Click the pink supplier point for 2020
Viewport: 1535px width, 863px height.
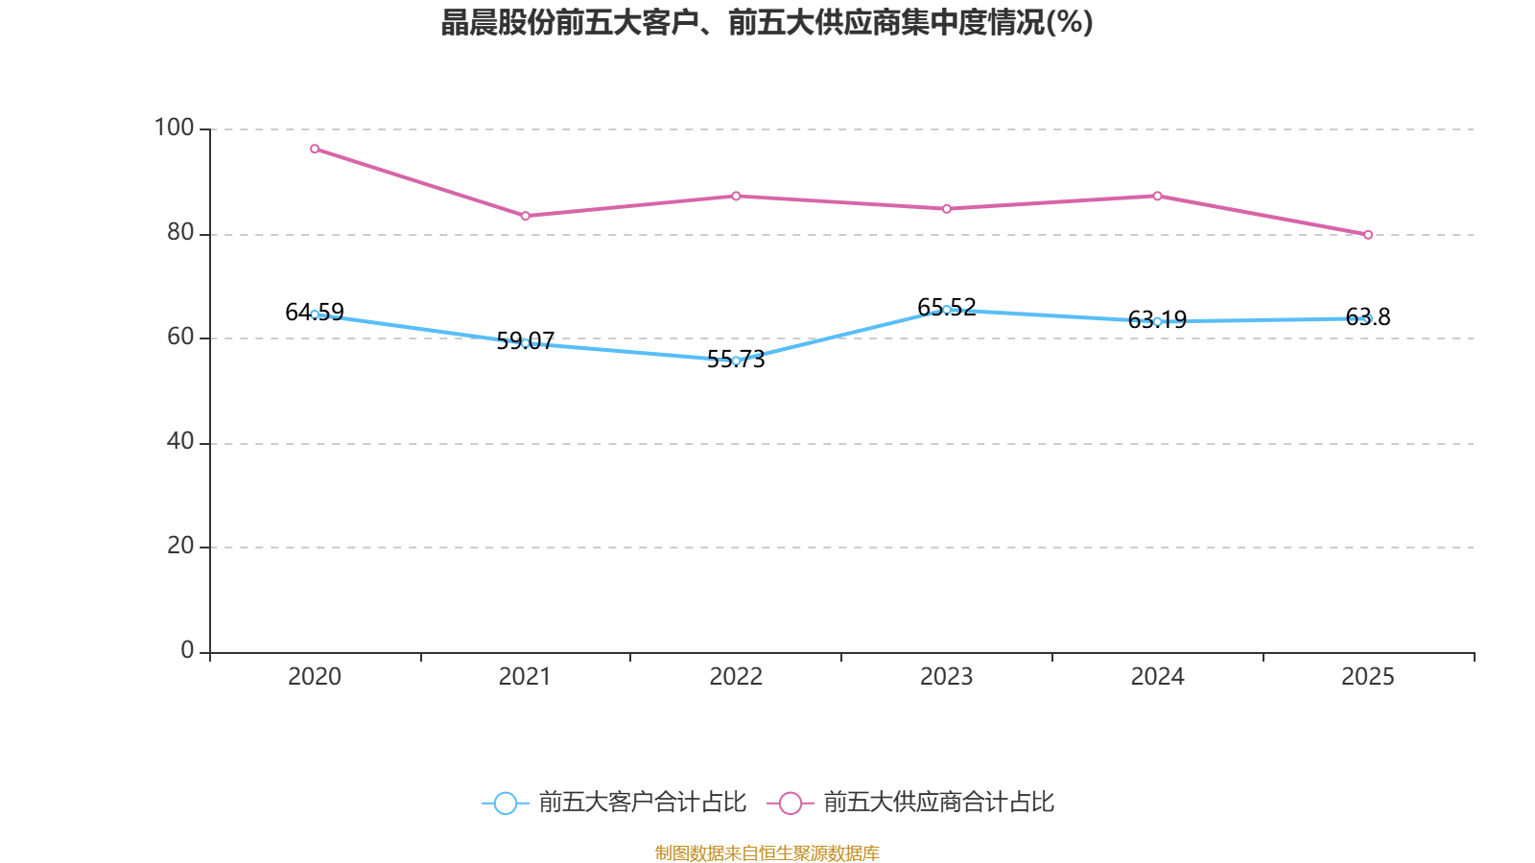[x=315, y=149]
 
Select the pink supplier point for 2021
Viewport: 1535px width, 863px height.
[x=525, y=216]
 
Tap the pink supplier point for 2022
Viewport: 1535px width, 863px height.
[x=736, y=196]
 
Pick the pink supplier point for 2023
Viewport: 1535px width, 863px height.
[x=947, y=208]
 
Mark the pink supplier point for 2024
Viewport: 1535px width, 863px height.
[x=1158, y=196]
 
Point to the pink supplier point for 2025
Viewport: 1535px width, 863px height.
[x=1368, y=234]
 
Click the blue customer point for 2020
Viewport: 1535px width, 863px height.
[x=315, y=315]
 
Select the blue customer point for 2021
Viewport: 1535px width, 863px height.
[x=525, y=342]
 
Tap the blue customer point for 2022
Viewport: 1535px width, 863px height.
[x=736, y=361]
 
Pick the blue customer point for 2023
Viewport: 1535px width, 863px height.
[x=947, y=310]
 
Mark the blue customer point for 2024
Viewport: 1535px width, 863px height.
[x=1158, y=321]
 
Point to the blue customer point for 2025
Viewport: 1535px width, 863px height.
[x=1368, y=318]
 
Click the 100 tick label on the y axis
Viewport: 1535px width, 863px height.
[x=174, y=128]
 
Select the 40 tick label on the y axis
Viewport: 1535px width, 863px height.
[x=179, y=441]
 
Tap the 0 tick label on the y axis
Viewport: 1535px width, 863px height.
[x=187, y=650]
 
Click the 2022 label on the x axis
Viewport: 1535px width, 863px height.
[x=736, y=677]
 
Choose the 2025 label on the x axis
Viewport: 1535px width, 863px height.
[x=1368, y=677]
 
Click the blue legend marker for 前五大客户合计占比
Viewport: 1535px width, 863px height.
[x=505, y=803]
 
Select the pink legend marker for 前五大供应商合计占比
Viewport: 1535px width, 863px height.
[x=790, y=803]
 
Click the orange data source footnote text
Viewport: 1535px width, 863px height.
[x=767, y=852]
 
